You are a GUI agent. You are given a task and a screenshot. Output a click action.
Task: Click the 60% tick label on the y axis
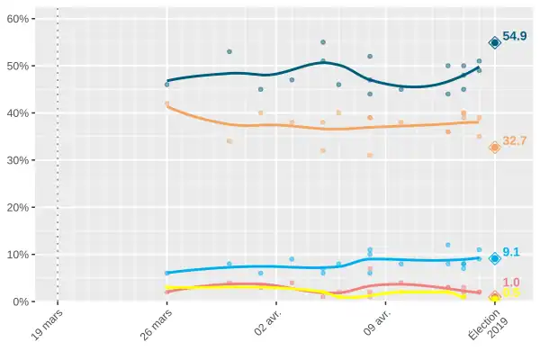[x=22, y=19]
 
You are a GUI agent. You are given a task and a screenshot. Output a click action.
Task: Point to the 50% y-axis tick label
[x=22, y=66]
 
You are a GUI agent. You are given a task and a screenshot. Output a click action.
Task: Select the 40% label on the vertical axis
[x=22, y=113]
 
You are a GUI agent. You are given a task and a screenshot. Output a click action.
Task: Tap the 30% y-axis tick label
[x=22, y=160]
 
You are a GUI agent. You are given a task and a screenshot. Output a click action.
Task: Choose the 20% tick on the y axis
[x=22, y=207]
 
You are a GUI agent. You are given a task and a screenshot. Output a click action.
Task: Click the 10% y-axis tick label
[x=22, y=254]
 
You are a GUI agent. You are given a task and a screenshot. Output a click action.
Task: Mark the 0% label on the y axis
[x=25, y=301]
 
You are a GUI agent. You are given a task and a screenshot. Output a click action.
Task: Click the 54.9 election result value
[x=515, y=37]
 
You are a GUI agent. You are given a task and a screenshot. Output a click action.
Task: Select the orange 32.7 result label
[x=515, y=141]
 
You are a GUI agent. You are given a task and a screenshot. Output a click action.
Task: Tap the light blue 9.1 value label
[x=511, y=253]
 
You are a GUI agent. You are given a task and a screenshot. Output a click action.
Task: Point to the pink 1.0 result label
[x=511, y=283]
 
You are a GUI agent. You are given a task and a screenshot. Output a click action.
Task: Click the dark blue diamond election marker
[x=494, y=43]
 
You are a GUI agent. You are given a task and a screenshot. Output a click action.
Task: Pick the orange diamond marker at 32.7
[x=494, y=148]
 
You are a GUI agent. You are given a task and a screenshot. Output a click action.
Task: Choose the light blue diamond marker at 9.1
[x=494, y=258]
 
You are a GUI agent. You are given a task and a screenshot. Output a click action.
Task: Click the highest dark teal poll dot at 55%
[x=323, y=42]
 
